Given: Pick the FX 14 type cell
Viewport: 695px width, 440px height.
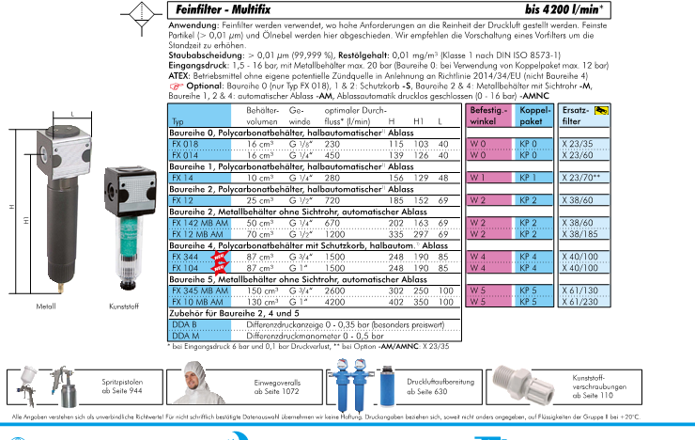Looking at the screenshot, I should tap(182, 177).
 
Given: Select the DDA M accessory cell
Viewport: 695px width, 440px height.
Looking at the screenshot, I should tap(186, 333).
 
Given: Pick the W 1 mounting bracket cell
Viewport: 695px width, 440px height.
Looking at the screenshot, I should tap(478, 177).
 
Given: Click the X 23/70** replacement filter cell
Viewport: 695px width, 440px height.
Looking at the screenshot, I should tap(581, 177).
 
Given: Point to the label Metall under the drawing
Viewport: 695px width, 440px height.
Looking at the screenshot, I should tap(46, 306).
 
